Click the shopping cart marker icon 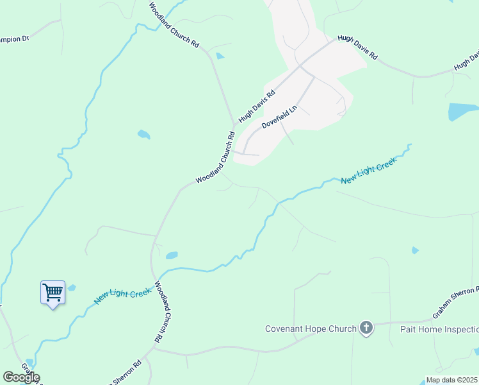point(53,293)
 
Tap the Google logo point(21,377)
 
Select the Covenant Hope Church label point(311,329)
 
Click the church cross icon point(366,329)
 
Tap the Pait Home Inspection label point(439,329)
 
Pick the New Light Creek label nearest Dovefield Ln point(369,172)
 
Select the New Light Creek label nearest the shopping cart point(123,296)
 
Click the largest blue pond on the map point(463,112)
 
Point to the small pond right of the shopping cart point(72,287)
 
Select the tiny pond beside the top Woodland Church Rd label point(220,56)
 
